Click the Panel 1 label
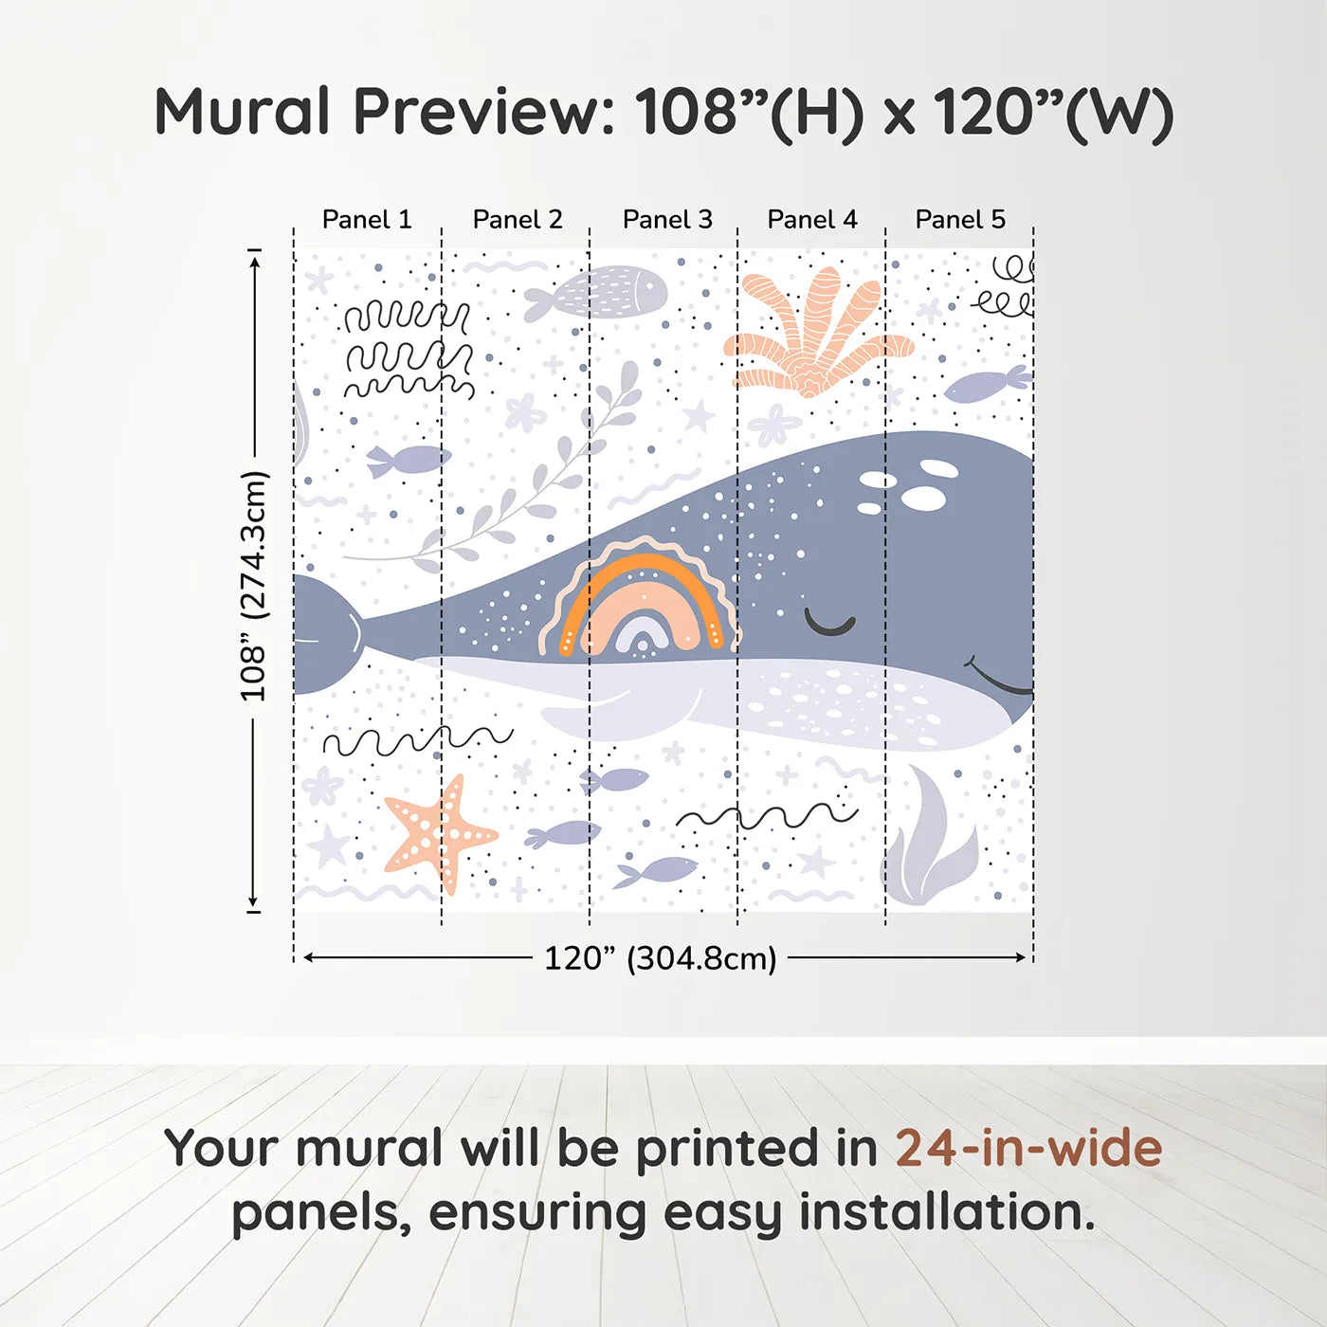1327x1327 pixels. click(x=367, y=220)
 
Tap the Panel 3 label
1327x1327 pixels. click(x=667, y=220)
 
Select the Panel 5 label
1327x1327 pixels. click(x=960, y=220)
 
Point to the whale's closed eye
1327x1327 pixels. click(x=829, y=623)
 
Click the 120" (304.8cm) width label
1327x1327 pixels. click(x=661, y=958)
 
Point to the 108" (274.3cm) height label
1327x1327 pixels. click(x=253, y=586)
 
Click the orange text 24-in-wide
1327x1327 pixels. click(x=1028, y=1149)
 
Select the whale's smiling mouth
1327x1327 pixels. click(x=997, y=676)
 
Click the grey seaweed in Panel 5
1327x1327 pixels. click(x=931, y=837)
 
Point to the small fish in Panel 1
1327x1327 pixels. click(x=408, y=460)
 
